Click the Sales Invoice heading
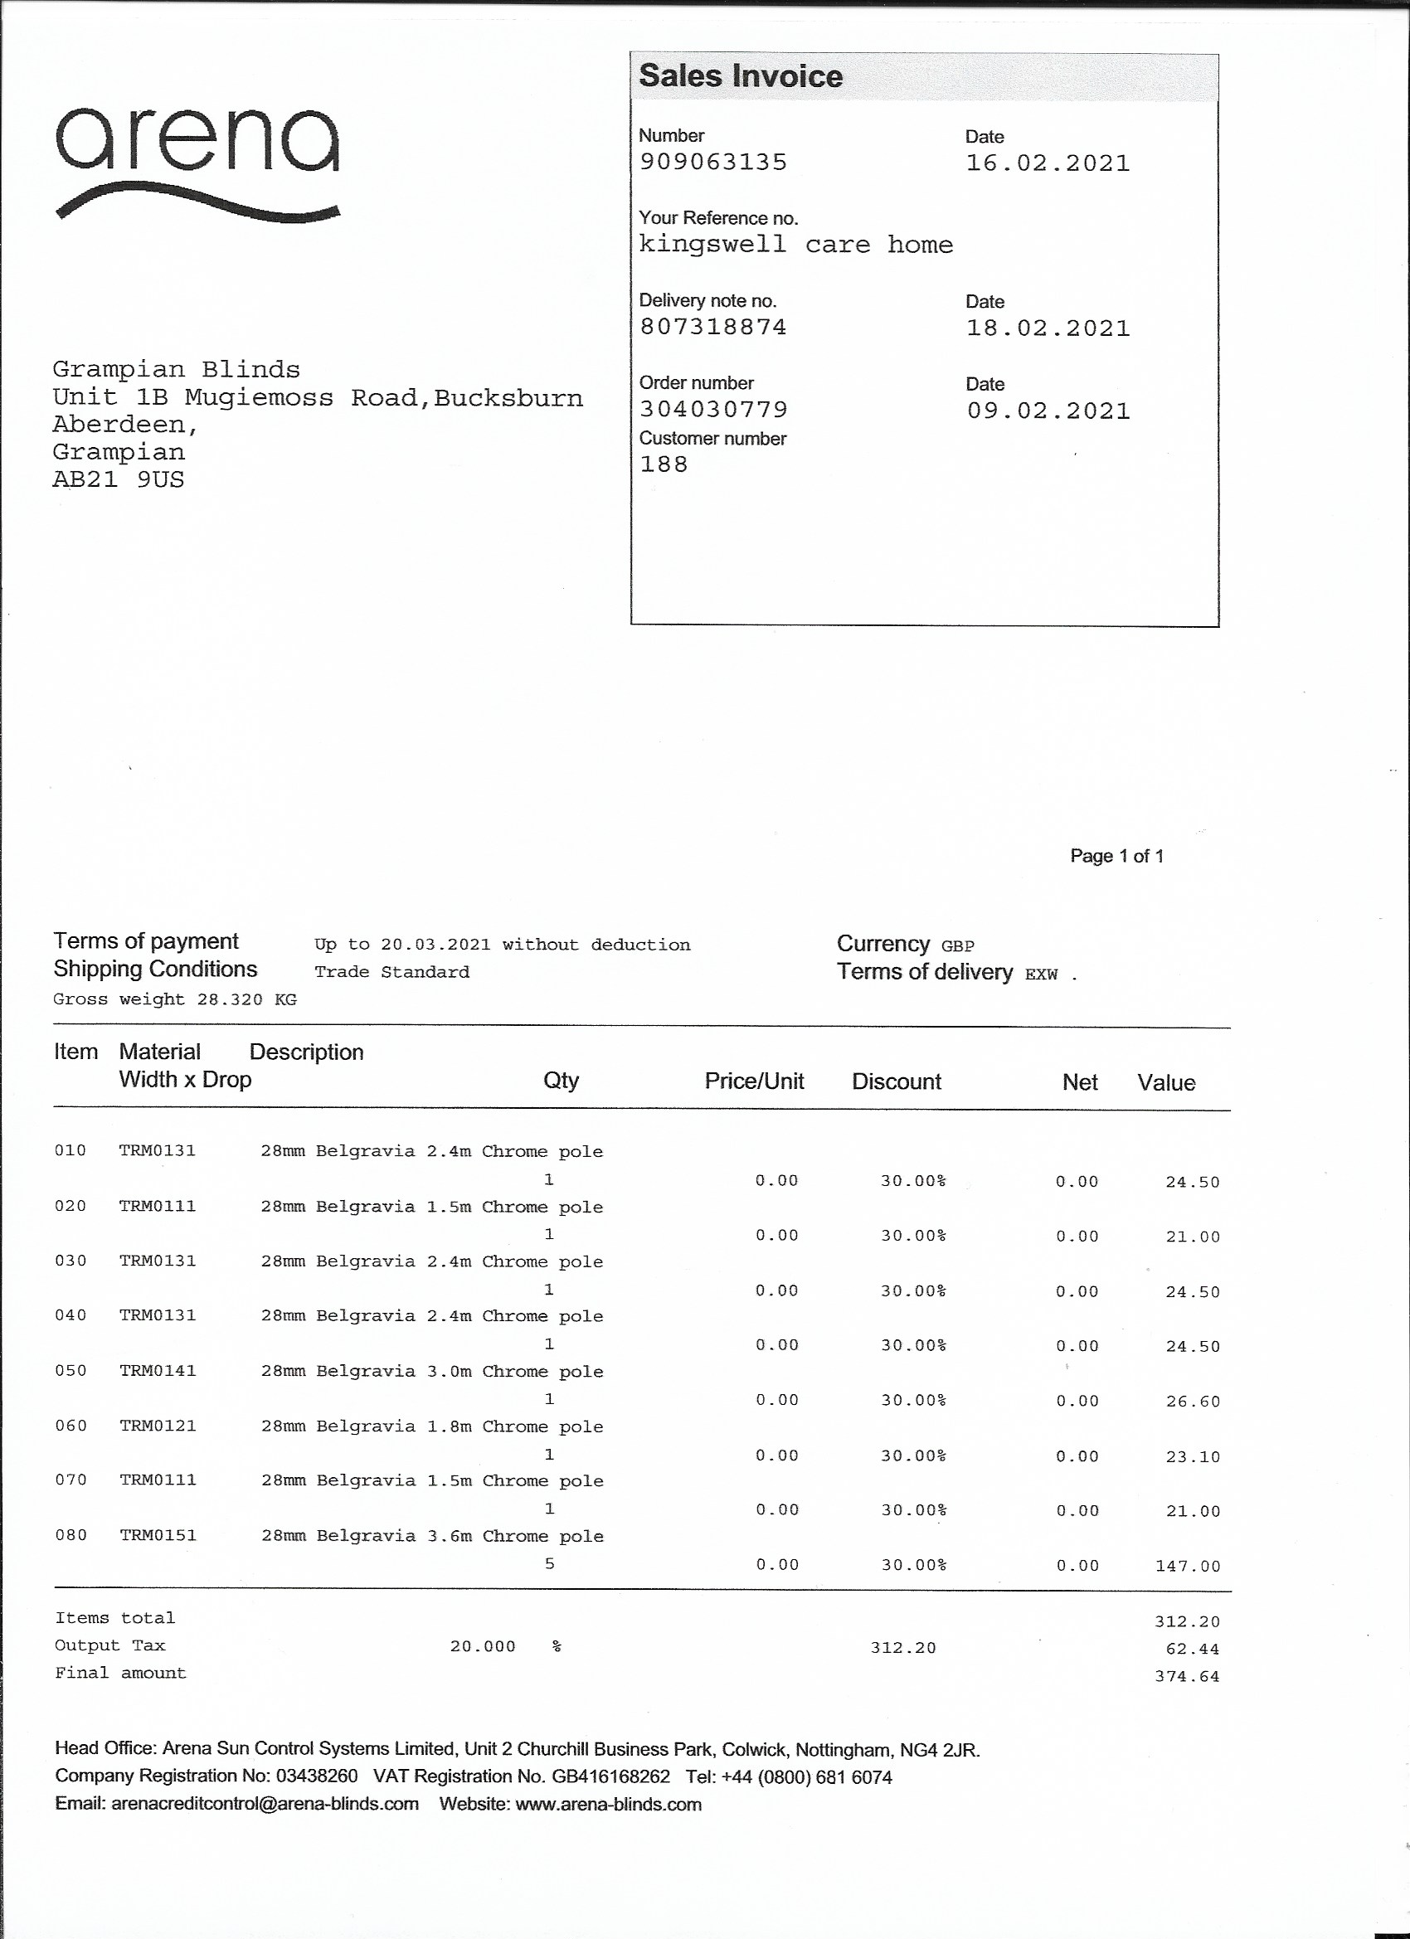click(741, 76)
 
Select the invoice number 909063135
click(713, 163)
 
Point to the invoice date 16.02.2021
click(1048, 163)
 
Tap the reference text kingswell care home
click(796, 245)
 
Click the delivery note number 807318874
click(713, 327)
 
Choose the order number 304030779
click(713, 410)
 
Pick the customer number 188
click(664, 464)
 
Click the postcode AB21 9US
click(118, 479)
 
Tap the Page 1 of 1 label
click(1116, 856)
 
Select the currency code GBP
click(958, 946)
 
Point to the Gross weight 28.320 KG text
click(174, 999)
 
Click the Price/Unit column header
click(753, 1081)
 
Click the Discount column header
click(896, 1081)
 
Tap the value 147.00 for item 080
click(1187, 1567)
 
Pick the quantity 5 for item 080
click(549, 1563)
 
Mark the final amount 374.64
click(1187, 1677)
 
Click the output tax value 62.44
click(1192, 1650)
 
